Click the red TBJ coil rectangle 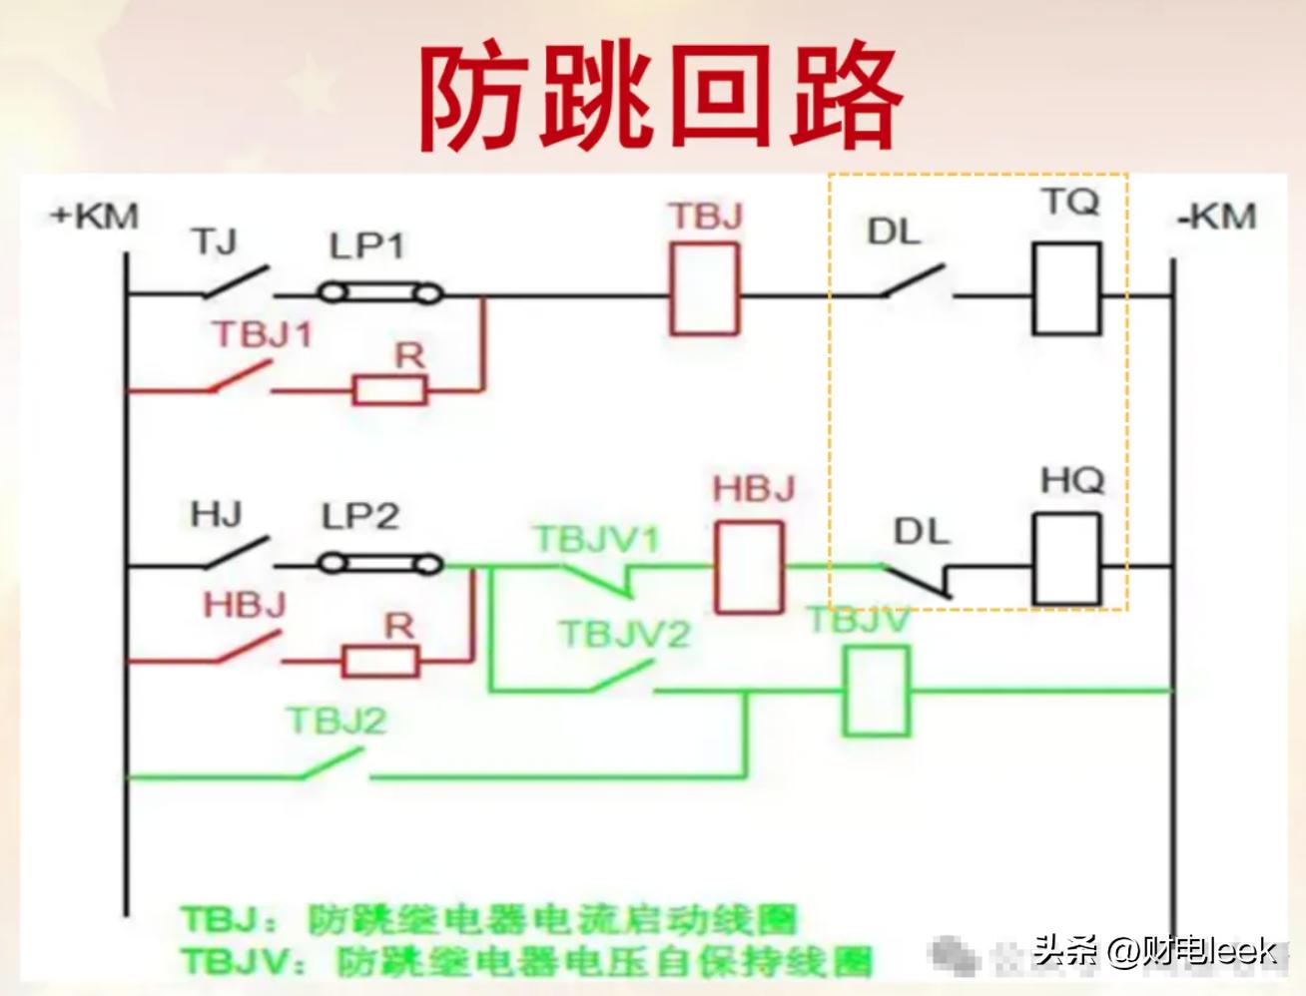(x=705, y=289)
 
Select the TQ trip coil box (x=1066, y=289)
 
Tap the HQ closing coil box (x=1066, y=560)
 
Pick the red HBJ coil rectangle (x=749, y=567)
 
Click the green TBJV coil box (x=877, y=691)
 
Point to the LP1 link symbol (x=380, y=293)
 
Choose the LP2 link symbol (x=380, y=564)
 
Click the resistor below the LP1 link (x=389, y=389)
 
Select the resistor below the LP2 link (x=380, y=660)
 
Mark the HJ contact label (x=216, y=515)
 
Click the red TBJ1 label (x=262, y=335)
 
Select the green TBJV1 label (x=597, y=540)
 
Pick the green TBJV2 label (x=625, y=634)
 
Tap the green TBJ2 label (x=335, y=721)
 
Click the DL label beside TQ (x=893, y=232)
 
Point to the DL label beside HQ (x=921, y=531)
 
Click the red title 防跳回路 (x=659, y=97)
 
